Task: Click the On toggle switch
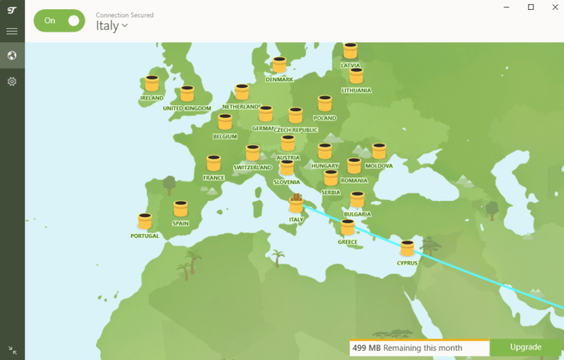pyautogui.click(x=60, y=22)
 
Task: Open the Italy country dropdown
pyautogui.click(x=112, y=26)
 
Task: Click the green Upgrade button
pyautogui.click(x=526, y=347)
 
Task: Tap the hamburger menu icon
pyautogui.click(x=12, y=32)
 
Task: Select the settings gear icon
pyautogui.click(x=12, y=81)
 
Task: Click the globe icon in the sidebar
pyautogui.click(x=12, y=56)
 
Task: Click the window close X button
pyautogui.click(x=553, y=7)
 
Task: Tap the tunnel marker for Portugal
pyautogui.click(x=145, y=221)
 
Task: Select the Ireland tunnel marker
pyautogui.click(x=152, y=84)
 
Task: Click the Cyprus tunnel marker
pyautogui.click(x=407, y=248)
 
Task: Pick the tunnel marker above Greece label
pyautogui.click(x=348, y=227)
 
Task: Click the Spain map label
pyautogui.click(x=181, y=223)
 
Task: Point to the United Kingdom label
pyautogui.click(x=187, y=108)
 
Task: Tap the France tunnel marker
pyautogui.click(x=213, y=163)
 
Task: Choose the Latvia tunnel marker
pyautogui.click(x=350, y=51)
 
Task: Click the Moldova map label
pyautogui.click(x=379, y=166)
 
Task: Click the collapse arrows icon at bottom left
pyautogui.click(x=12, y=350)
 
